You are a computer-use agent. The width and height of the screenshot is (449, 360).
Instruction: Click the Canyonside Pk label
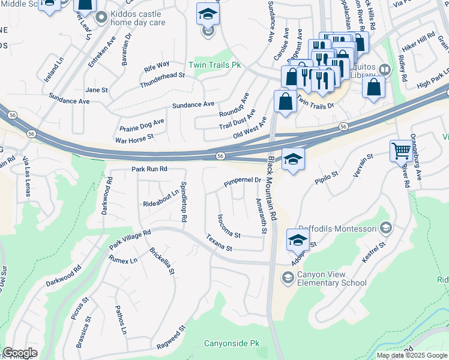(x=232, y=344)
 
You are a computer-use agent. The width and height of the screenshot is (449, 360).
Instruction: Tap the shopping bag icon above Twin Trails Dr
(x=285, y=101)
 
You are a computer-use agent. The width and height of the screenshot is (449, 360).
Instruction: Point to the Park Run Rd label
(x=149, y=170)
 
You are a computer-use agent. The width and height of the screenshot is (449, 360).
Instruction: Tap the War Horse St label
(x=134, y=137)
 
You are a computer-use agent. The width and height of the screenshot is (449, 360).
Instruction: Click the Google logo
(x=20, y=353)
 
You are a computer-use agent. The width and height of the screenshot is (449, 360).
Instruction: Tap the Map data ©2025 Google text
(x=412, y=355)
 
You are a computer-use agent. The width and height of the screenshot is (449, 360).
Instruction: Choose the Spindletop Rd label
(x=184, y=202)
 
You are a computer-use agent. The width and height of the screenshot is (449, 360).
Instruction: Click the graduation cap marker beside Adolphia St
(x=298, y=240)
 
